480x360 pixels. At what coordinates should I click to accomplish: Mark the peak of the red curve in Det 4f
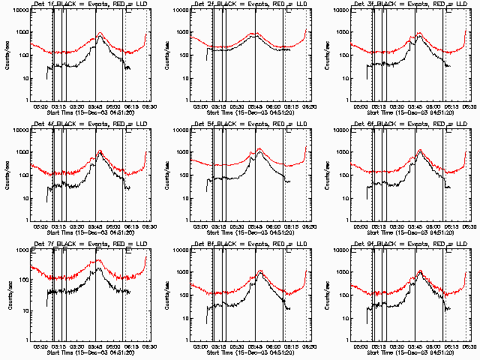(100, 151)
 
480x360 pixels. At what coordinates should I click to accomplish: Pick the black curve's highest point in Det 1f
(100, 37)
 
